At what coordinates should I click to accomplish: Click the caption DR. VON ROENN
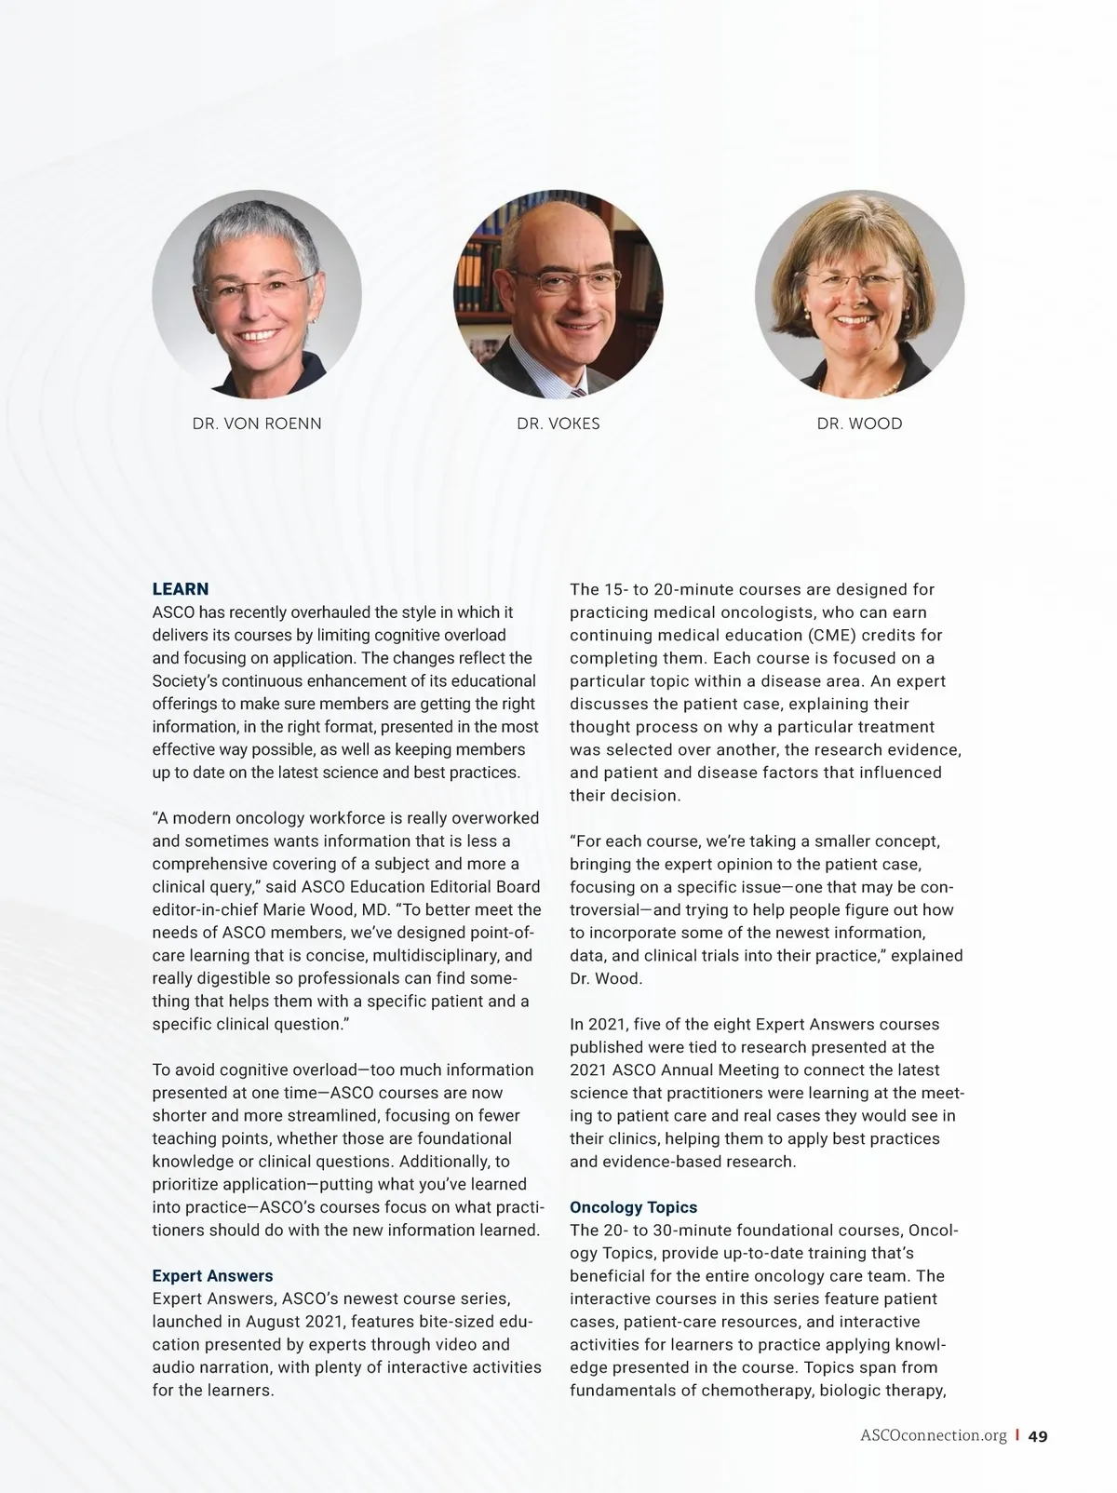pos(257,424)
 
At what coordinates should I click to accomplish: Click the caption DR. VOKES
pos(558,424)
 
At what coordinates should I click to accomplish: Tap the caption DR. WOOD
pos(859,424)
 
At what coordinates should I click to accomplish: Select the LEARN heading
pos(181,589)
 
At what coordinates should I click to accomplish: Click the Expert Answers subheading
pos(212,1276)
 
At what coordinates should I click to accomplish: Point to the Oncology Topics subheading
pos(633,1207)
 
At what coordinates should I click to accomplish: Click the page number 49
pos(1038,1436)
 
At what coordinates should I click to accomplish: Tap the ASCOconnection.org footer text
pos(934,1435)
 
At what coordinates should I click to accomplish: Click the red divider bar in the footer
pos(1017,1435)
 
